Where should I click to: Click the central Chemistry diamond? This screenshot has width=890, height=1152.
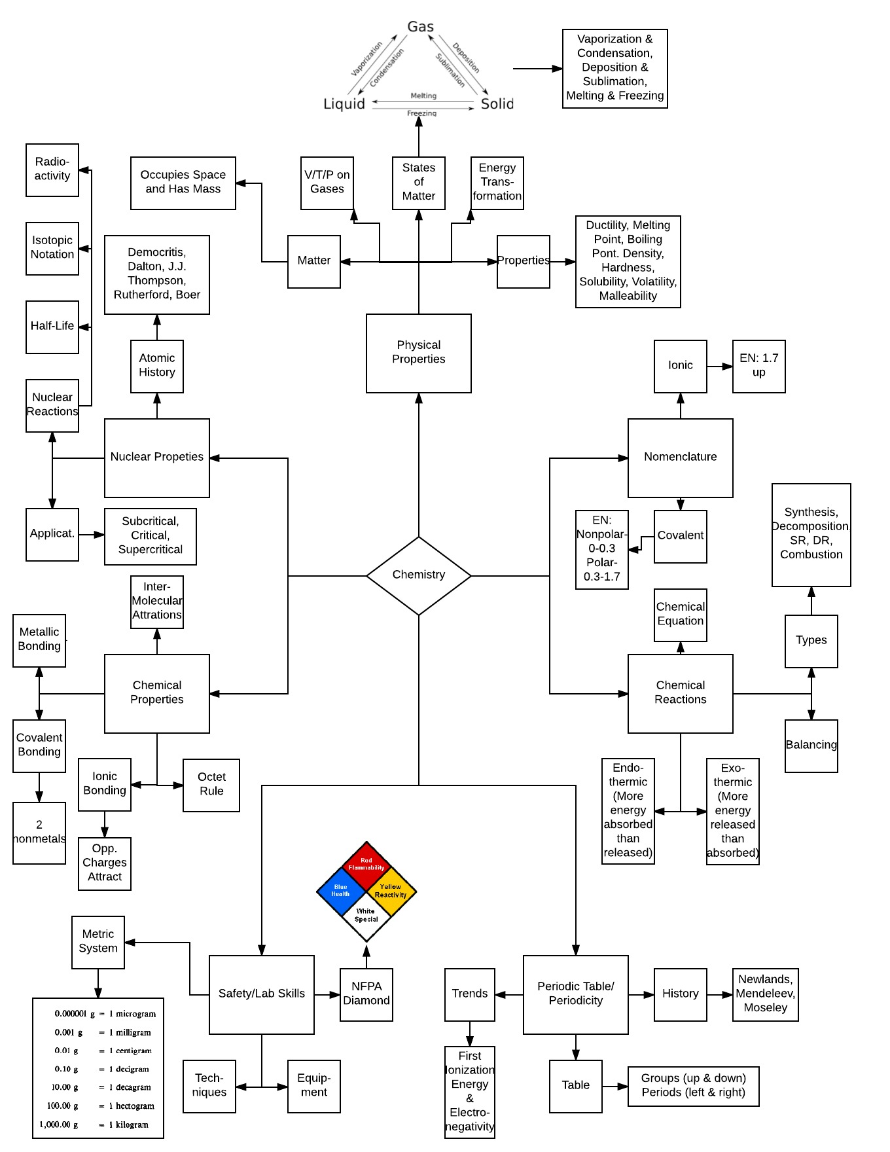click(419, 576)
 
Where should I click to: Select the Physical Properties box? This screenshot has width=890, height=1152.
click(419, 353)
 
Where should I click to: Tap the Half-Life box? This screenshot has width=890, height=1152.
click(52, 327)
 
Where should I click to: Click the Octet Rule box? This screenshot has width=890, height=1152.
click(211, 785)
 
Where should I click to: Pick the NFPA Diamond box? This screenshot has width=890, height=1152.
click(366, 994)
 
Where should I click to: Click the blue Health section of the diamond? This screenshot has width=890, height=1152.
click(340, 891)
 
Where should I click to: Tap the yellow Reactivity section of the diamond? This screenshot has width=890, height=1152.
click(391, 891)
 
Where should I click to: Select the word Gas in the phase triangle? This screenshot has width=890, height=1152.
click(420, 27)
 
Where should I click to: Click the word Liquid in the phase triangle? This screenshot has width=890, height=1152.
click(344, 104)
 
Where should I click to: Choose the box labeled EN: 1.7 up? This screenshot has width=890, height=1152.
click(759, 367)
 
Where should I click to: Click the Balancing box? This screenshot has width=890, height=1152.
click(811, 746)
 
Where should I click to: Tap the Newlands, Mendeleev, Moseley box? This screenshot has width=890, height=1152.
click(766, 994)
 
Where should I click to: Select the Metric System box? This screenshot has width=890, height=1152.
click(98, 942)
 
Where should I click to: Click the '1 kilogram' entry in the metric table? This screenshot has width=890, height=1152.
click(129, 1125)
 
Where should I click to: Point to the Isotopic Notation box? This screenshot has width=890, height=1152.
click(52, 249)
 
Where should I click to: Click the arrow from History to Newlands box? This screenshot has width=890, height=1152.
click(720, 995)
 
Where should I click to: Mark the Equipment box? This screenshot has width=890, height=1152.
click(314, 1087)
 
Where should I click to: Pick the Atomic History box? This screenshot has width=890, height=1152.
click(157, 367)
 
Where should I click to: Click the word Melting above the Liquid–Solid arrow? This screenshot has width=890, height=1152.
click(423, 96)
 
